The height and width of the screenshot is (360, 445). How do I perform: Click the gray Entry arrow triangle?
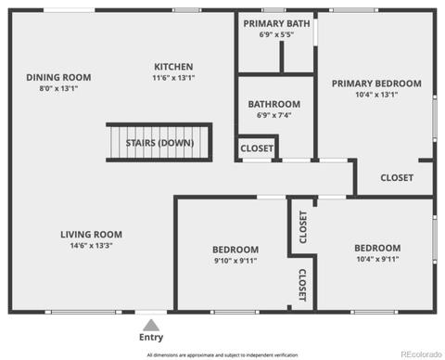pyautogui.click(x=151, y=326)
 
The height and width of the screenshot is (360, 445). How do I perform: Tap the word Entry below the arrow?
pyautogui.click(x=151, y=337)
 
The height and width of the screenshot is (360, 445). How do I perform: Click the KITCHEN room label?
pyautogui.click(x=173, y=67)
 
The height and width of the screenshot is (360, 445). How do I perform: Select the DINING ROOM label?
pyautogui.click(x=58, y=77)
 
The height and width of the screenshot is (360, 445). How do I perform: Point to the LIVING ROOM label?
pyautogui.click(x=91, y=235)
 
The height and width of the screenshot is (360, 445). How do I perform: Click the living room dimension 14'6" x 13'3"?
pyautogui.click(x=91, y=246)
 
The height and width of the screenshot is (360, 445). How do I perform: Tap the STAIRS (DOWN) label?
pyautogui.click(x=159, y=143)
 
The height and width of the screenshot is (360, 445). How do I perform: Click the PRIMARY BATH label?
pyautogui.click(x=276, y=23)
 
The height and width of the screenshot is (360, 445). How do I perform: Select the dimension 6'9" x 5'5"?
pyautogui.click(x=276, y=34)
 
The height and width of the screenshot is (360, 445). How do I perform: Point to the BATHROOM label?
pyautogui.click(x=274, y=104)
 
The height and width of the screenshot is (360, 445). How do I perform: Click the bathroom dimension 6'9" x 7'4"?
pyautogui.click(x=274, y=115)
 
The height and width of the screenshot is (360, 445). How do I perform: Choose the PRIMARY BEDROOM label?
pyautogui.click(x=376, y=84)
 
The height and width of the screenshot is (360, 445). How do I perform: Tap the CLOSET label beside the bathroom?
pyautogui.click(x=257, y=148)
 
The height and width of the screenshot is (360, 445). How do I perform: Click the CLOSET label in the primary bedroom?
pyautogui.click(x=397, y=178)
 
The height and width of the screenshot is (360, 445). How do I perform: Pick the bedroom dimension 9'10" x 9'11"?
pyautogui.click(x=235, y=261)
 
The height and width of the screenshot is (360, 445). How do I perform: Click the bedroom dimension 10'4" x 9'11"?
pyautogui.click(x=377, y=259)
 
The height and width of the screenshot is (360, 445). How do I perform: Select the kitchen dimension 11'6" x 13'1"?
pyautogui.click(x=173, y=78)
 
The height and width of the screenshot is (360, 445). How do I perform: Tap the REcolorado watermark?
pyautogui.click(x=421, y=354)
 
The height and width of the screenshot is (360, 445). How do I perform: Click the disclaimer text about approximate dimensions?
pyautogui.click(x=222, y=355)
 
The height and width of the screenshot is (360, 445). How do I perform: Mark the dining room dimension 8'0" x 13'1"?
pyautogui.click(x=58, y=88)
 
